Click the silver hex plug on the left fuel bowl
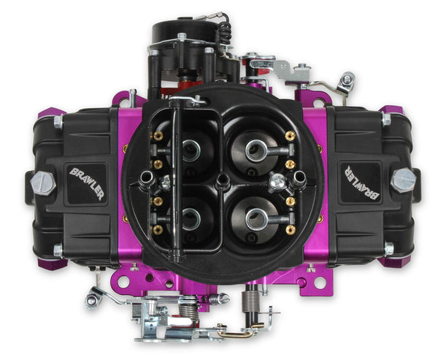43,183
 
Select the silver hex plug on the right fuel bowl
403,180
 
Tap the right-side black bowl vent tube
299,177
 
